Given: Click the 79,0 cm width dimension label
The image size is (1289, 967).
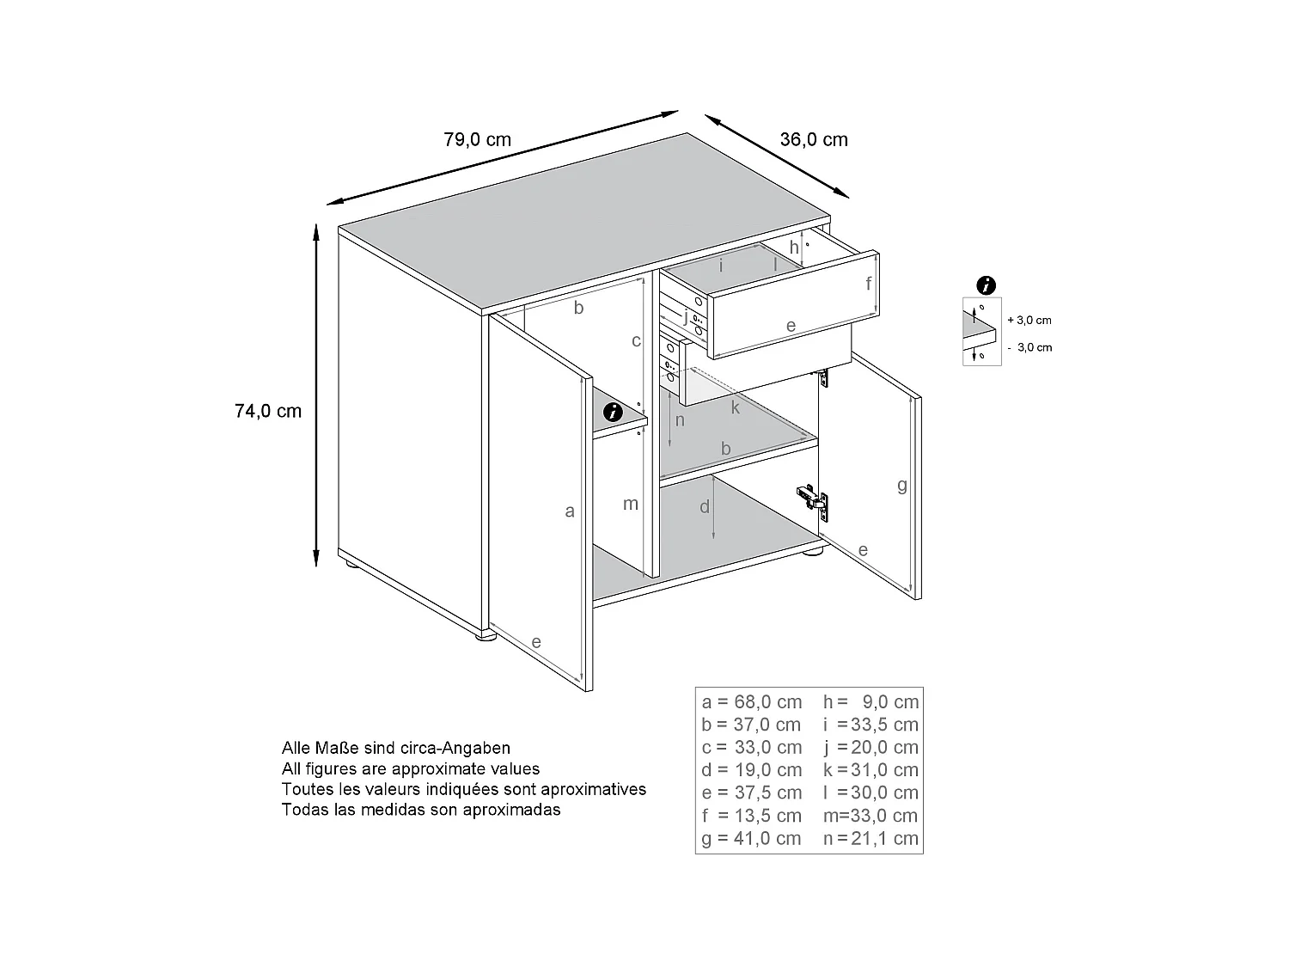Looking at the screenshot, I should [x=477, y=139].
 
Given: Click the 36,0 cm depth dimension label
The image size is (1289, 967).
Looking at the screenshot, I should [x=813, y=139].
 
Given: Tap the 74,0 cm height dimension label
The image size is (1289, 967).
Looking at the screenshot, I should [x=268, y=411].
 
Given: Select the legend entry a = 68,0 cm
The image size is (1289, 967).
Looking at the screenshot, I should [x=751, y=701].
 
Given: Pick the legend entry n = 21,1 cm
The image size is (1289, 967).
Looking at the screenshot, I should [x=871, y=838].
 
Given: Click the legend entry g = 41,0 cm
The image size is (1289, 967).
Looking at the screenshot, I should [x=751, y=838].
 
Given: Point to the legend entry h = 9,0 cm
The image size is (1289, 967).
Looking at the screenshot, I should [x=871, y=701].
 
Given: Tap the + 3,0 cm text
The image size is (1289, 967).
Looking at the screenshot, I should [x=1029, y=320].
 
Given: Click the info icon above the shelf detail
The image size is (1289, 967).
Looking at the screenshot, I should [x=987, y=286].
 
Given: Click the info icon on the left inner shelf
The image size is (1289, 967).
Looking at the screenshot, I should [x=613, y=412].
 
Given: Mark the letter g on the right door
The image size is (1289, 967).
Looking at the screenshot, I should [x=901, y=486].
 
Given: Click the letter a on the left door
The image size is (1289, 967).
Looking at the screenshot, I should [x=569, y=511].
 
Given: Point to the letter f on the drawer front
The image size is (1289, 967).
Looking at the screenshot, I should [x=868, y=283].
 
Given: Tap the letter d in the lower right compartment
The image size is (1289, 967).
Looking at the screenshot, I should [x=705, y=507].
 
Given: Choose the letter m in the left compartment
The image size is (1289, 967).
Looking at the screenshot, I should [x=631, y=504].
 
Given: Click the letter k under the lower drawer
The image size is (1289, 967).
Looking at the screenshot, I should [x=735, y=408].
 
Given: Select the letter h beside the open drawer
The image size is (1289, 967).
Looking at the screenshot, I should [x=794, y=248].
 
